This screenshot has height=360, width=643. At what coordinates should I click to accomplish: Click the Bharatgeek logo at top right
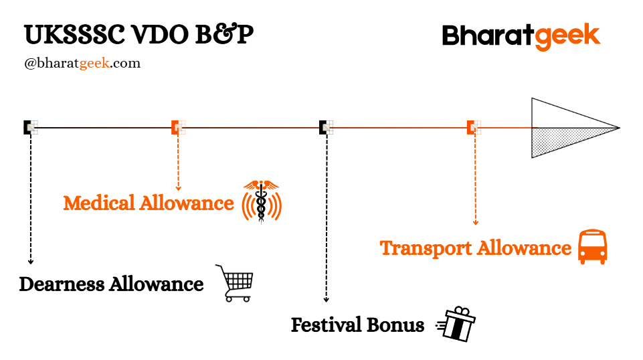click(521, 36)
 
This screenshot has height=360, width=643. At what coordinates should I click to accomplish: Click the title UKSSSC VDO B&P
click(139, 35)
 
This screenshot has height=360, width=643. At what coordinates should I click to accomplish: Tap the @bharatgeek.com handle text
click(82, 64)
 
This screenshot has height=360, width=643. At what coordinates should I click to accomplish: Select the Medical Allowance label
click(149, 203)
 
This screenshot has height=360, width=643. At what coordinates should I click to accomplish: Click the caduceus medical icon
click(262, 201)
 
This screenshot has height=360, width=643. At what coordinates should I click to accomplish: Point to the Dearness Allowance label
click(111, 284)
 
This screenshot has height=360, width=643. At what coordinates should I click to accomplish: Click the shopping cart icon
click(235, 282)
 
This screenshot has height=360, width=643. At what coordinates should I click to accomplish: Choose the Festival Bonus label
click(357, 326)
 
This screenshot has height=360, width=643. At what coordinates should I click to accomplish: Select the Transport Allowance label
click(475, 248)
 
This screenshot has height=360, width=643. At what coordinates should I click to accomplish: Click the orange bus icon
click(592, 247)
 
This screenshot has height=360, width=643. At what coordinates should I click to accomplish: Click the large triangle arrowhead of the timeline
click(569, 128)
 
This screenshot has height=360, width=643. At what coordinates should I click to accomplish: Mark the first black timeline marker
click(30, 127)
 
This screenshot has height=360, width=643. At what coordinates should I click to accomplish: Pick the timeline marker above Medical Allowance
click(178, 127)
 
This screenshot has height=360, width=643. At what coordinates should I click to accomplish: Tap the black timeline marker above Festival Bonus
click(326, 127)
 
